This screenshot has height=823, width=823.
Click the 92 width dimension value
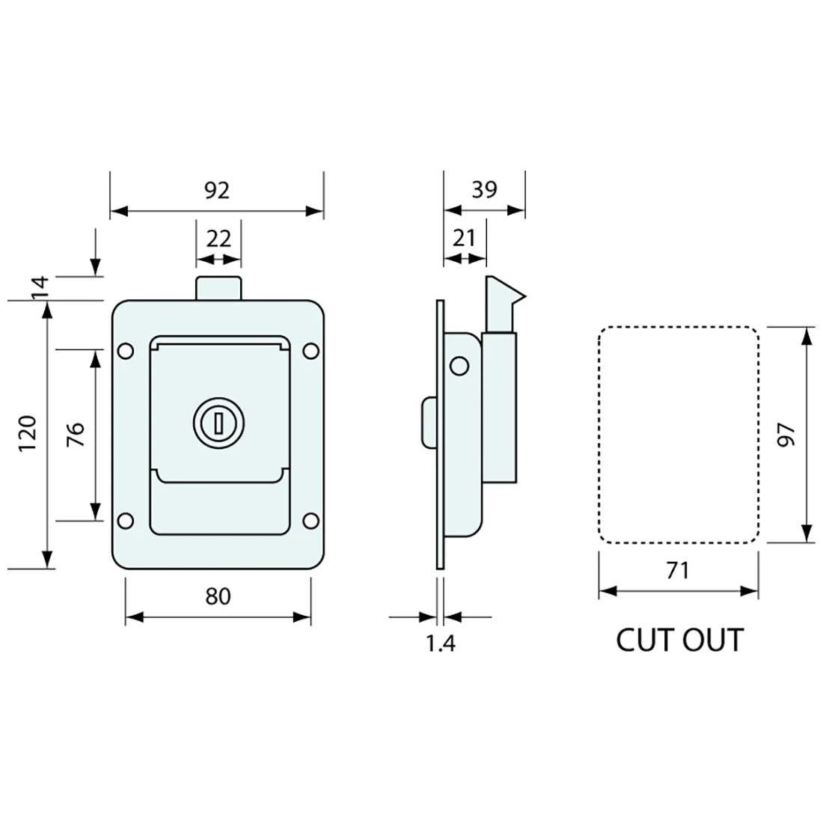tap(217, 191)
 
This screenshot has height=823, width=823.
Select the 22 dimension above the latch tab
tap(218, 239)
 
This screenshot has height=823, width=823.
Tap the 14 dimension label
tap(40, 287)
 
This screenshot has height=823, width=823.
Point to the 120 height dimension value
tap(28, 434)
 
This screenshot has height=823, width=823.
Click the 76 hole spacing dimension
tap(75, 435)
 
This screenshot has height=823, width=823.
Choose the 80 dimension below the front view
tap(218, 596)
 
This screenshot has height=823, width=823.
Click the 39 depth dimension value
tap(484, 190)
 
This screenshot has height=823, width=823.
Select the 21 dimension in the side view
tap(465, 239)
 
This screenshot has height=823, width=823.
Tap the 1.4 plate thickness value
tap(441, 643)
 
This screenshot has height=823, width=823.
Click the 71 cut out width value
tap(677, 571)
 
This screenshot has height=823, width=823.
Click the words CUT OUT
tap(679, 640)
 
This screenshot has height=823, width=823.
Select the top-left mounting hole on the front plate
tap(126, 349)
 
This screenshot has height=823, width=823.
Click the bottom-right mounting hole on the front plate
tap(310, 520)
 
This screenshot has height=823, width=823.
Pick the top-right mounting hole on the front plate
tap(310, 349)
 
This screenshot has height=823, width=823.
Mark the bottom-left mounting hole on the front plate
tap(126, 520)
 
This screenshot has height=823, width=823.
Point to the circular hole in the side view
tap(459, 366)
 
